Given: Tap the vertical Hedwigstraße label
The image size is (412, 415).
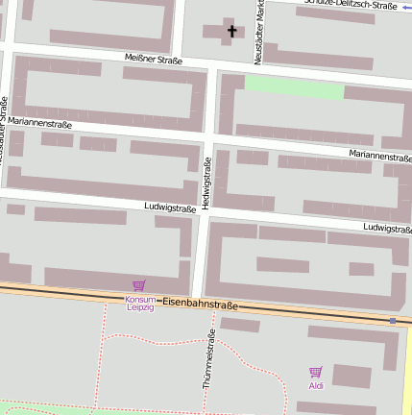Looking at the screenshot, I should click(206, 184).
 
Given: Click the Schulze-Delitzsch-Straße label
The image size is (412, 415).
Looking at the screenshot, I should click(350, 5).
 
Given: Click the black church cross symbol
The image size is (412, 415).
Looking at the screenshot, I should click(230, 32).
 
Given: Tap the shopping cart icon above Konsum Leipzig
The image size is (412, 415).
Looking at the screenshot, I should click(139, 285).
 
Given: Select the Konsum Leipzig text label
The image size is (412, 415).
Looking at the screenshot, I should click(139, 303).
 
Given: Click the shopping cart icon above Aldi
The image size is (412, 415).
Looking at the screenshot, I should click(316, 372).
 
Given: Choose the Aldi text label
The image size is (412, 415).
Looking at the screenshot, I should click(316, 386).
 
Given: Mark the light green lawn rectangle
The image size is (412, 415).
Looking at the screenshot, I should click(294, 88).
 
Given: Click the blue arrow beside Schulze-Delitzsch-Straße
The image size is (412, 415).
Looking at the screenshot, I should click(406, 6).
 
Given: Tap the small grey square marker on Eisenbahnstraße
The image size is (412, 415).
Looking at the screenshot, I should click(392, 320).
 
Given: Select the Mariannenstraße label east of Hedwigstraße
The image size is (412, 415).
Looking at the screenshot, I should click(380, 155).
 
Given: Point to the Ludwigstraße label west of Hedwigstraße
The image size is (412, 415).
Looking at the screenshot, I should click(170, 207).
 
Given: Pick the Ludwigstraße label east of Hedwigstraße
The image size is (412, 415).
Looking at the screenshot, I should click(388, 229).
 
